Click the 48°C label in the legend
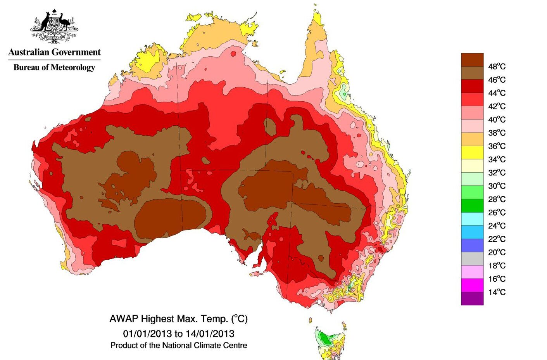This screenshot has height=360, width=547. click(x=497, y=66)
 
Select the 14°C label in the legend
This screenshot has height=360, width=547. click(x=497, y=292)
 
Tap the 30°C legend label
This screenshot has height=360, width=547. click(x=497, y=186)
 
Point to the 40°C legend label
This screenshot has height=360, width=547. click(x=497, y=119)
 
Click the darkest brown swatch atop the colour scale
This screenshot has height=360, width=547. click(x=472, y=60)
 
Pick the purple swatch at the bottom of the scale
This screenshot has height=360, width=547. click(x=472, y=298)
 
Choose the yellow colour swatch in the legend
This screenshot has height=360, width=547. click(x=472, y=152)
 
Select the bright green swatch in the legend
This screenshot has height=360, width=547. click(x=472, y=192)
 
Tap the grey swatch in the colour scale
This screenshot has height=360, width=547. click(x=472, y=258)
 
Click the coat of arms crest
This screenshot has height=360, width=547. click(x=54, y=26)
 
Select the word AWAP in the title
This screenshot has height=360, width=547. click(x=124, y=319)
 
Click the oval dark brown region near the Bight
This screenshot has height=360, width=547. click(x=173, y=218)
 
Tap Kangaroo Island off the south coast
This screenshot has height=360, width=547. click(x=256, y=274)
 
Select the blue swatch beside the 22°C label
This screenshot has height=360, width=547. click(x=472, y=232)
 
